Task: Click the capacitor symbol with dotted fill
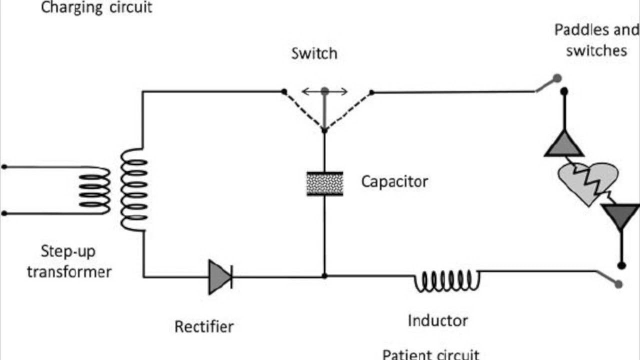[324, 183]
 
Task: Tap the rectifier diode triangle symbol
[219, 276]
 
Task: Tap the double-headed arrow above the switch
[324, 91]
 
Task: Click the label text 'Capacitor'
[394, 181]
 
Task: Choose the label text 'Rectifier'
[204, 327]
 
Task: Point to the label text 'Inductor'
[438, 320]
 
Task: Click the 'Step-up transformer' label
[69, 261]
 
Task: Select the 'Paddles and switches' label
[596, 40]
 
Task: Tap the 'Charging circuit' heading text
[96, 8]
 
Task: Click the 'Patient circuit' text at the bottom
[430, 354]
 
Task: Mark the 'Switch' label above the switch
[314, 53]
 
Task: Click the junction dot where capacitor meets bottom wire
[324, 276]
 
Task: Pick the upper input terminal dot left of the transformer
[4, 167]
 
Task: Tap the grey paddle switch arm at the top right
[547, 84]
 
